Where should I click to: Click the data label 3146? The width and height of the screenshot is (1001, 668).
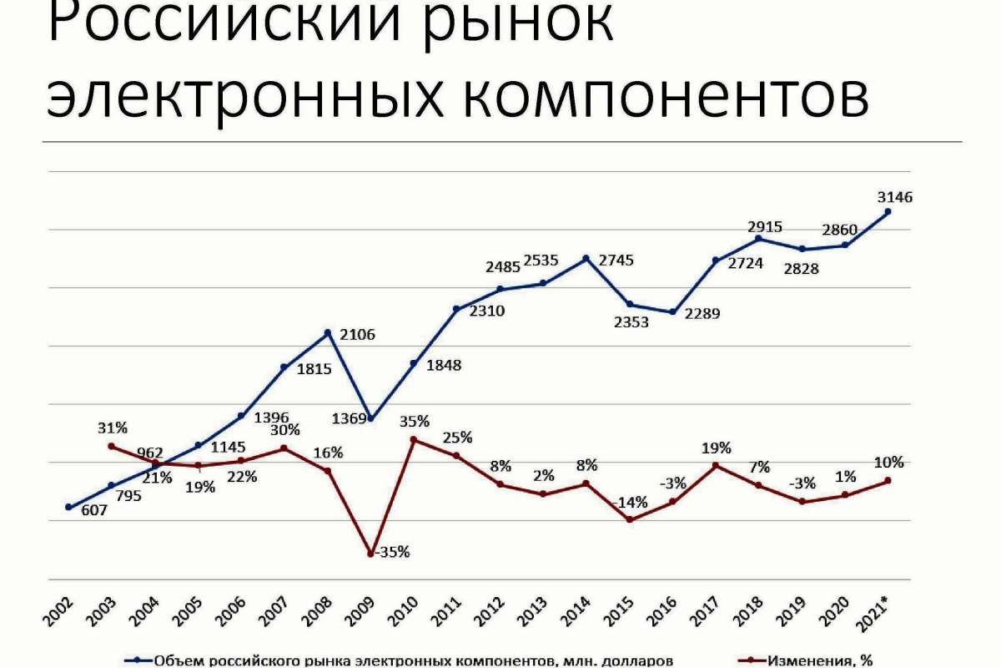(x=895, y=198)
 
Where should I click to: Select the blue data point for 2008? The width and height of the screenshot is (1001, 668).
(x=328, y=332)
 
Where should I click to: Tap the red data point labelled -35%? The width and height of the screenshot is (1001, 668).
(x=370, y=553)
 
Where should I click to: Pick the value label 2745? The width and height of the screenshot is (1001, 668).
(x=616, y=260)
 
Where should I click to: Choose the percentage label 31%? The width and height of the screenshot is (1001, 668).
(x=112, y=428)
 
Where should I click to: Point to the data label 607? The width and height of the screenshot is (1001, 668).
(x=94, y=510)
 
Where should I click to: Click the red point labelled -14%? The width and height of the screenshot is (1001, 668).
(x=630, y=519)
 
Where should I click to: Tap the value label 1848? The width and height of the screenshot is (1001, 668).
(x=443, y=365)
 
